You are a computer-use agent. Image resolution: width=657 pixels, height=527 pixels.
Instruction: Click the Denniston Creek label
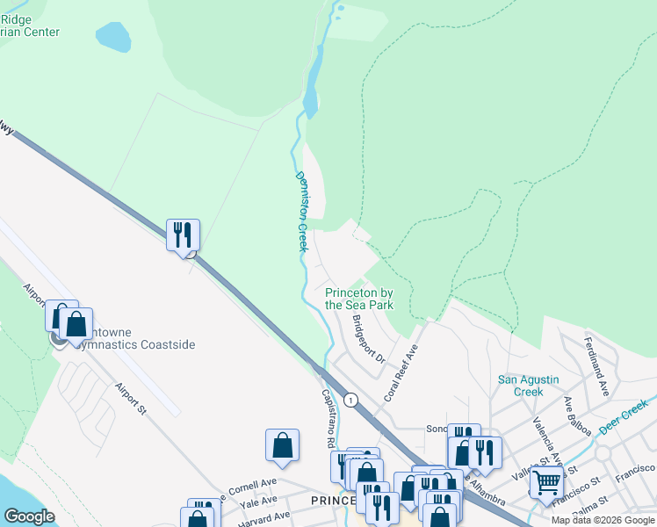pyautogui.click(x=300, y=211)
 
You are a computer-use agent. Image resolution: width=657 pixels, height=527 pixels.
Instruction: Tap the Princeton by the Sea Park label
pyautogui.click(x=358, y=299)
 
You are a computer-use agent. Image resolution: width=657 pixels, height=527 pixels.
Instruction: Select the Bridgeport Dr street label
pyautogui.click(x=369, y=339)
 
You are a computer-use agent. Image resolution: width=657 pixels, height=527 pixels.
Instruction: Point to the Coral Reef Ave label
pyautogui.click(x=401, y=372)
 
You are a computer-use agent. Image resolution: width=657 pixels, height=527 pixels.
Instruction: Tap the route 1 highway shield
pyautogui.click(x=351, y=401)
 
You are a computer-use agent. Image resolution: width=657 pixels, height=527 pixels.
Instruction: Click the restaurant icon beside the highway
pyautogui.click(x=183, y=235)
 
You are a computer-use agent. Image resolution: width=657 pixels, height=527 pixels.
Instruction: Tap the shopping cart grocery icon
pyautogui.click(x=546, y=482)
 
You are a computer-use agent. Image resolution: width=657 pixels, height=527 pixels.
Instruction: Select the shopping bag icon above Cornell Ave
pyautogui.click(x=283, y=444)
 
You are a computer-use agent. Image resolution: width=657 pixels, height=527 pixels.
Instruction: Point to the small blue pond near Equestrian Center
pyautogui.click(x=112, y=38)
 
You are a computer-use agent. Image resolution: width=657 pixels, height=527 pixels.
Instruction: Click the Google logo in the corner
pyautogui.click(x=29, y=516)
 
